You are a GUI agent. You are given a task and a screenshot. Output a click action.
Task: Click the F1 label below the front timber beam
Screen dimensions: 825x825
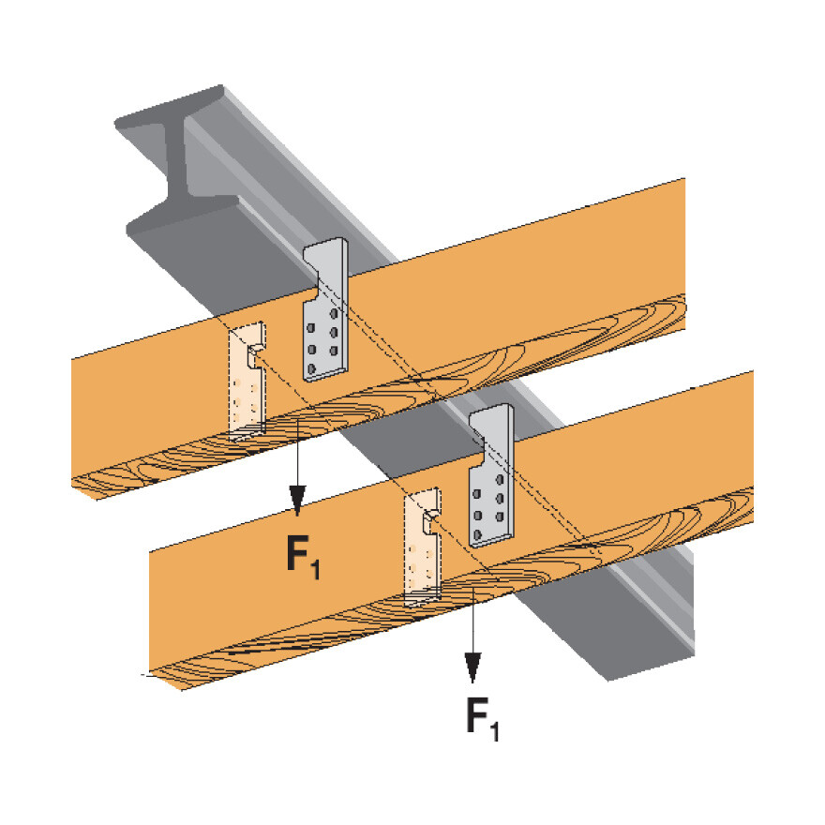coord(482,717)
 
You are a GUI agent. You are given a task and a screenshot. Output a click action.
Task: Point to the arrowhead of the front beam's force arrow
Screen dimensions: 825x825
coord(474,667)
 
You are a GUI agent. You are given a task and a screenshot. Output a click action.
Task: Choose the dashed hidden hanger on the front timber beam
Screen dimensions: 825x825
coord(422,544)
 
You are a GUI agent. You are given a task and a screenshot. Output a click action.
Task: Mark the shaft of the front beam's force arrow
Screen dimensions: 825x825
coord(474,628)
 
